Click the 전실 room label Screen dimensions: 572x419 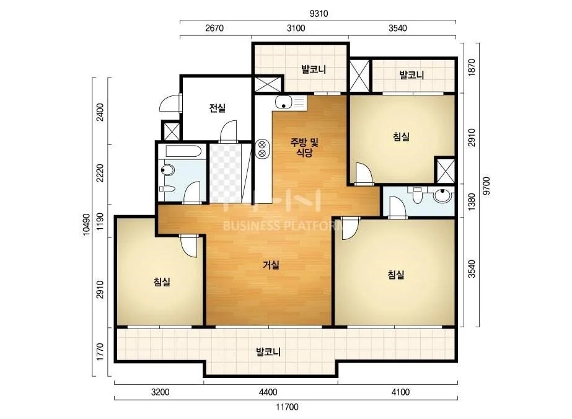tap(217, 108)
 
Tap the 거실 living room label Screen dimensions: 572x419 tap(271, 265)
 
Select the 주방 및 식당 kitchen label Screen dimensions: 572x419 tap(304, 147)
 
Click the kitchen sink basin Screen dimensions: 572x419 tap(283, 102)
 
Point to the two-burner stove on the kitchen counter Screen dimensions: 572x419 tap(262, 149)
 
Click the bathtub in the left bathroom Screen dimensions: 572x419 tap(184, 151)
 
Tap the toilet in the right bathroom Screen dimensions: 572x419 tap(417, 195)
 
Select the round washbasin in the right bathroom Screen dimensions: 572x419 tap(442, 195)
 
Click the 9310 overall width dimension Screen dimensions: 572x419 tap(319, 14)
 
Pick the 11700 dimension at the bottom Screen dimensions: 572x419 tap(287, 407)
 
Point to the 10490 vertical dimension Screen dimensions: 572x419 tap(86, 224)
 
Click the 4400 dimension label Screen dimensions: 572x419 tap(268, 392)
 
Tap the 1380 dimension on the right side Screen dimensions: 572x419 tap(472, 201)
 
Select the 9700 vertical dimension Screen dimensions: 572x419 tap(486, 186)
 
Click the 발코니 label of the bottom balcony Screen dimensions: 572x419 tap(268, 352)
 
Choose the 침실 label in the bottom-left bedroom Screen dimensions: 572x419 tap(162, 282)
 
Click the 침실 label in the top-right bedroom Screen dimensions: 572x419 tap(401, 137)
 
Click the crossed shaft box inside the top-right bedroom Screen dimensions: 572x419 tap(445, 171)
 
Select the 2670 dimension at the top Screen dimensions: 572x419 tap(214, 28)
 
